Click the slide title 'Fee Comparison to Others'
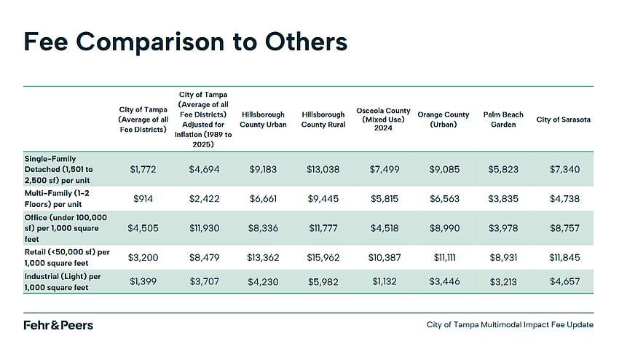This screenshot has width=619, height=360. point(185,42)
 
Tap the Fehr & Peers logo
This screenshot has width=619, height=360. point(58,325)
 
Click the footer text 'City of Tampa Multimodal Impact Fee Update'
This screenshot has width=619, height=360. point(510,325)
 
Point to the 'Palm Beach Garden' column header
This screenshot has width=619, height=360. point(503,120)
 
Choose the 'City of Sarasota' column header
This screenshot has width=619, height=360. point(563,120)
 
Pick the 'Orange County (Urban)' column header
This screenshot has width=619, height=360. point(443,120)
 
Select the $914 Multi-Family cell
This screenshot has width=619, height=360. point(143,197)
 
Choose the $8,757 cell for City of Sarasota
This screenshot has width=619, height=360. point(563,228)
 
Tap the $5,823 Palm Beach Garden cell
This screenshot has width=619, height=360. point(503,169)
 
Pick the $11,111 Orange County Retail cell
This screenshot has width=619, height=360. point(443,257)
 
